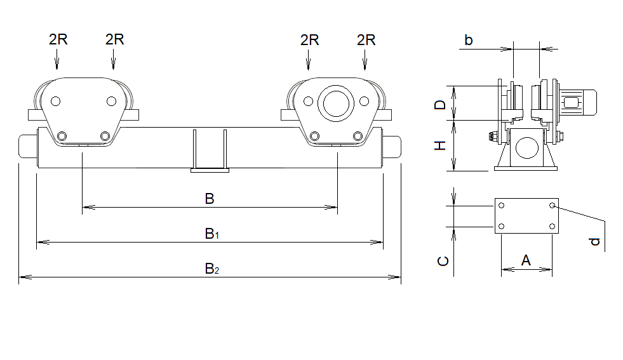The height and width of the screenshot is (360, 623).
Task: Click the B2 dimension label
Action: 211,269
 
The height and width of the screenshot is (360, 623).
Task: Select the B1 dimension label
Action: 211,234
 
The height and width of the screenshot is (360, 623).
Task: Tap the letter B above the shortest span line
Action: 210,199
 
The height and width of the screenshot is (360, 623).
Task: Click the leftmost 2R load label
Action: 58,39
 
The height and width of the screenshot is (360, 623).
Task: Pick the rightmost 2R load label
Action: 366,40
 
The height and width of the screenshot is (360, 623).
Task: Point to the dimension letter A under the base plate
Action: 526,261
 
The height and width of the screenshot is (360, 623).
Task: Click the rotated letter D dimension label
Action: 440,105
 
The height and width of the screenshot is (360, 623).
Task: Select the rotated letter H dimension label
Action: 440,145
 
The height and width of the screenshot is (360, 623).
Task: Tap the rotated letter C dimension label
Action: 443,261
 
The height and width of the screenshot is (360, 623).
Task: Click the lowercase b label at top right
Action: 469,40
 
